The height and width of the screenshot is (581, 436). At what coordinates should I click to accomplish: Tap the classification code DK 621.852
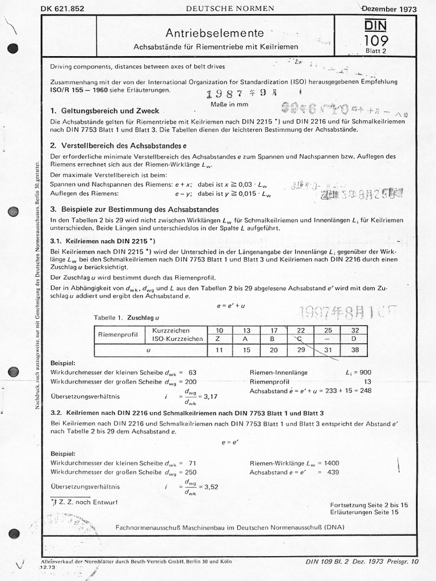click(x=64, y=9)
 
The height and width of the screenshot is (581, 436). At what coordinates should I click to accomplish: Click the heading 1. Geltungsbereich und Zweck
click(x=104, y=111)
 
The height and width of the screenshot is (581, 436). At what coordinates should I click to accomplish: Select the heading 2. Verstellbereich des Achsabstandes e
click(x=119, y=145)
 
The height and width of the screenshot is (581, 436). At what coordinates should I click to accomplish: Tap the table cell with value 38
click(x=354, y=350)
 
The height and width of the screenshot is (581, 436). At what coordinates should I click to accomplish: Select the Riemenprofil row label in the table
click(x=119, y=334)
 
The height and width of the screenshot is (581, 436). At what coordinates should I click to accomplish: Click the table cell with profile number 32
click(x=354, y=330)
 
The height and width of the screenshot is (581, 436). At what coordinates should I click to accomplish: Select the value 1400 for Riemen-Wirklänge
click(x=332, y=463)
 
